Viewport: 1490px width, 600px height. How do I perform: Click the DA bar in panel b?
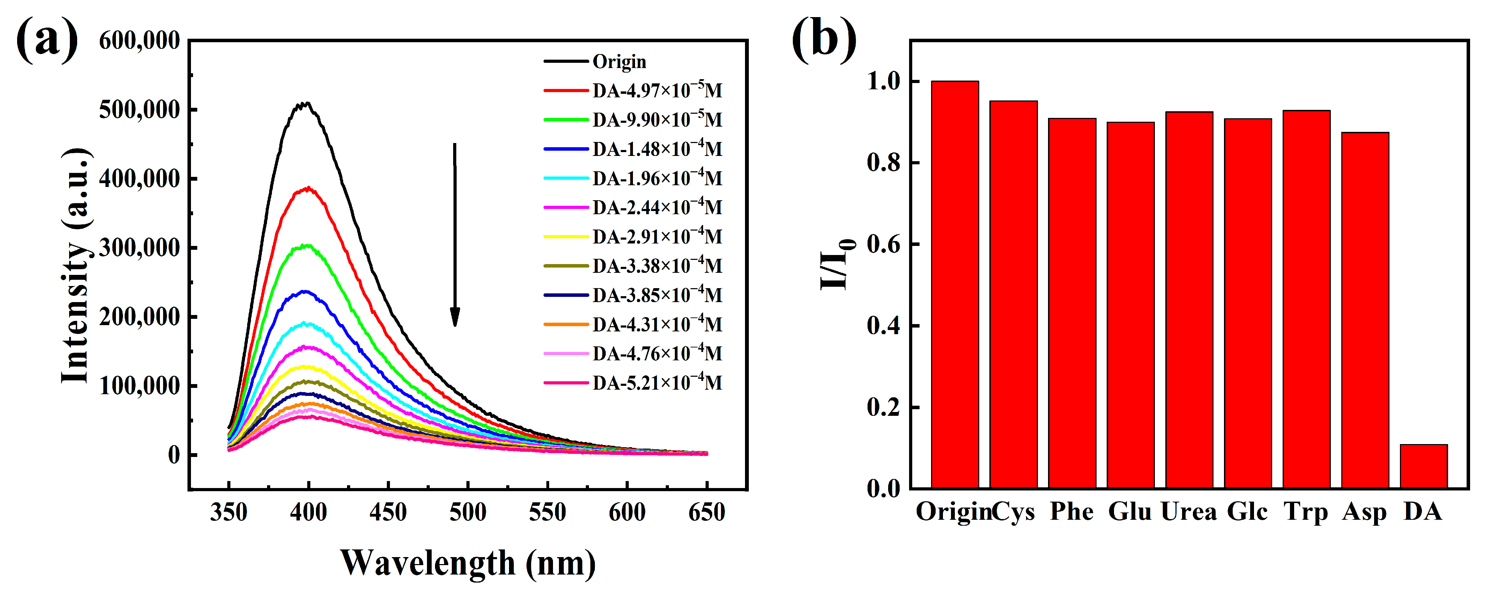coord(1423,466)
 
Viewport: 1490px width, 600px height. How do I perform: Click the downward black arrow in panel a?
coord(455,234)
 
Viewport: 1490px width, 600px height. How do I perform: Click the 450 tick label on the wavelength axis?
coord(388,512)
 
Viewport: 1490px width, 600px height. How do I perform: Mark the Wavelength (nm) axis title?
coord(467,562)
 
